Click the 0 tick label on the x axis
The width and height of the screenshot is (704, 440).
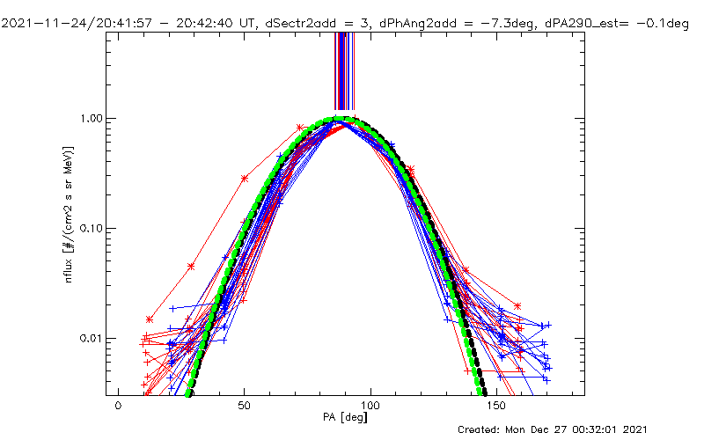118,407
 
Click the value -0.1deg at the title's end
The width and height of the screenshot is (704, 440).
660,25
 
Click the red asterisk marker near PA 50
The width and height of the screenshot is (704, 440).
245,179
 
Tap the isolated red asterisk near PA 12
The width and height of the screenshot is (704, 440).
150,319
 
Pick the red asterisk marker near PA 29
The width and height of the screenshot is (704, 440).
191,266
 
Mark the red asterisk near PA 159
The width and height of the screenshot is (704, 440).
518,306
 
